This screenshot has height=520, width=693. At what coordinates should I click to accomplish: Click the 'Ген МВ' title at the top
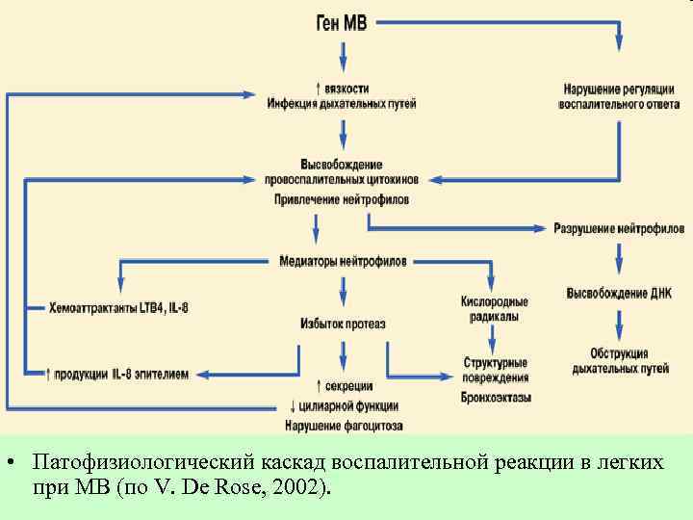point(342,22)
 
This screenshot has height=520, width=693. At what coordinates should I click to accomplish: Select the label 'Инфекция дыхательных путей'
point(342,104)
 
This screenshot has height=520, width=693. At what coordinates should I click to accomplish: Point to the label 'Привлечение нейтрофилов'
point(342,199)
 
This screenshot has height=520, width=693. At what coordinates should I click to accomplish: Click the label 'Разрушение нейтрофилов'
point(619,228)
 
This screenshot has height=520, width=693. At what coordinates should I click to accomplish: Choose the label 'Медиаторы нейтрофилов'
point(343,261)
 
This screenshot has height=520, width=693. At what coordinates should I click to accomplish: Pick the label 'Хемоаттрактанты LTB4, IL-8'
point(119,308)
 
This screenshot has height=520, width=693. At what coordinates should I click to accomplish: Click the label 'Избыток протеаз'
point(343,324)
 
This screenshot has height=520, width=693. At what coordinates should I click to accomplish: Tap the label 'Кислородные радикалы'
point(495,309)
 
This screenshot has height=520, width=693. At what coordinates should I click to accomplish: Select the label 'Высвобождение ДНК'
point(619,293)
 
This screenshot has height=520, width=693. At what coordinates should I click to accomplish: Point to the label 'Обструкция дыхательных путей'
point(619,361)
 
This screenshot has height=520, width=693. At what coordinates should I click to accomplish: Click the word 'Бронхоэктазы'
point(495,397)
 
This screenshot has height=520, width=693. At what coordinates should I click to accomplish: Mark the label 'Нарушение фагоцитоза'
point(343,425)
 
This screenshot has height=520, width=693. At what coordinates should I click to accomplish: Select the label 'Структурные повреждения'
point(495,370)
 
